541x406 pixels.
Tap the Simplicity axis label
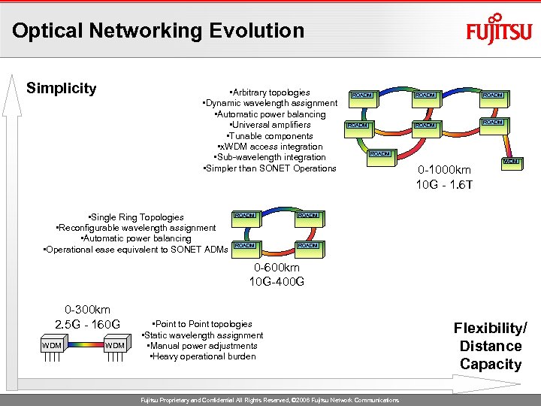[x=62, y=89]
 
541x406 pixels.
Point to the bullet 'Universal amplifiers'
[x=270, y=125]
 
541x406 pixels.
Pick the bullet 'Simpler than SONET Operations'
[x=270, y=168]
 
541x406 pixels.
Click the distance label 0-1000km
[x=443, y=170]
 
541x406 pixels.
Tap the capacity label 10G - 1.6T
[x=443, y=185]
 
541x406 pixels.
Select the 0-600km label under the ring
[x=277, y=268]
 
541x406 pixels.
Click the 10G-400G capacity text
[x=277, y=283]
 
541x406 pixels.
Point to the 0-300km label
[x=87, y=309]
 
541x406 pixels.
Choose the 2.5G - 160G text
[x=87, y=325]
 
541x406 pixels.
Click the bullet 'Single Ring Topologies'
[x=136, y=217]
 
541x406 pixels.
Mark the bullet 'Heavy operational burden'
[x=203, y=356]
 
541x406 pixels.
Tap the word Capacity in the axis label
[x=491, y=365]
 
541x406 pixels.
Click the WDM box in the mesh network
[x=512, y=162]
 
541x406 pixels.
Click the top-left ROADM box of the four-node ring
[x=246, y=216]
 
